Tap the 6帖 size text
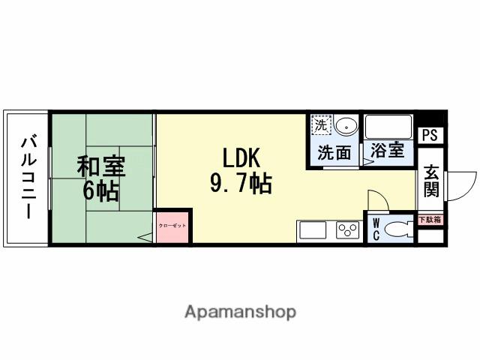pyautogui.click(x=100, y=191)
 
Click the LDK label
pyautogui.click(x=240, y=157)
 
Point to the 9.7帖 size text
pyautogui.click(x=240, y=183)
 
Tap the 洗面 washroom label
pyautogui.click(x=334, y=152)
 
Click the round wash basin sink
pyautogui.click(x=346, y=125)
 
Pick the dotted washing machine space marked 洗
pyautogui.click(x=322, y=124)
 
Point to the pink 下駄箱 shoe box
pyautogui.click(x=430, y=220)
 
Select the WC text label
pyautogui.click(x=376, y=229)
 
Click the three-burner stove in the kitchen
pyautogui.click(x=347, y=230)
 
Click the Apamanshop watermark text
pyautogui.click(x=240, y=312)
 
